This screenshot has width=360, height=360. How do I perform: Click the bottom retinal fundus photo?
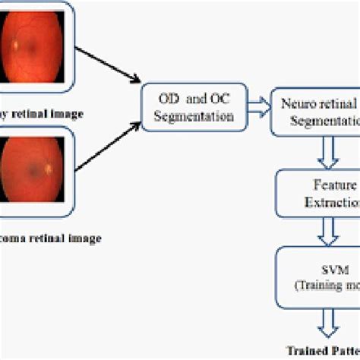31,168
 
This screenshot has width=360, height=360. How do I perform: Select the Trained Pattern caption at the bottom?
323,350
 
